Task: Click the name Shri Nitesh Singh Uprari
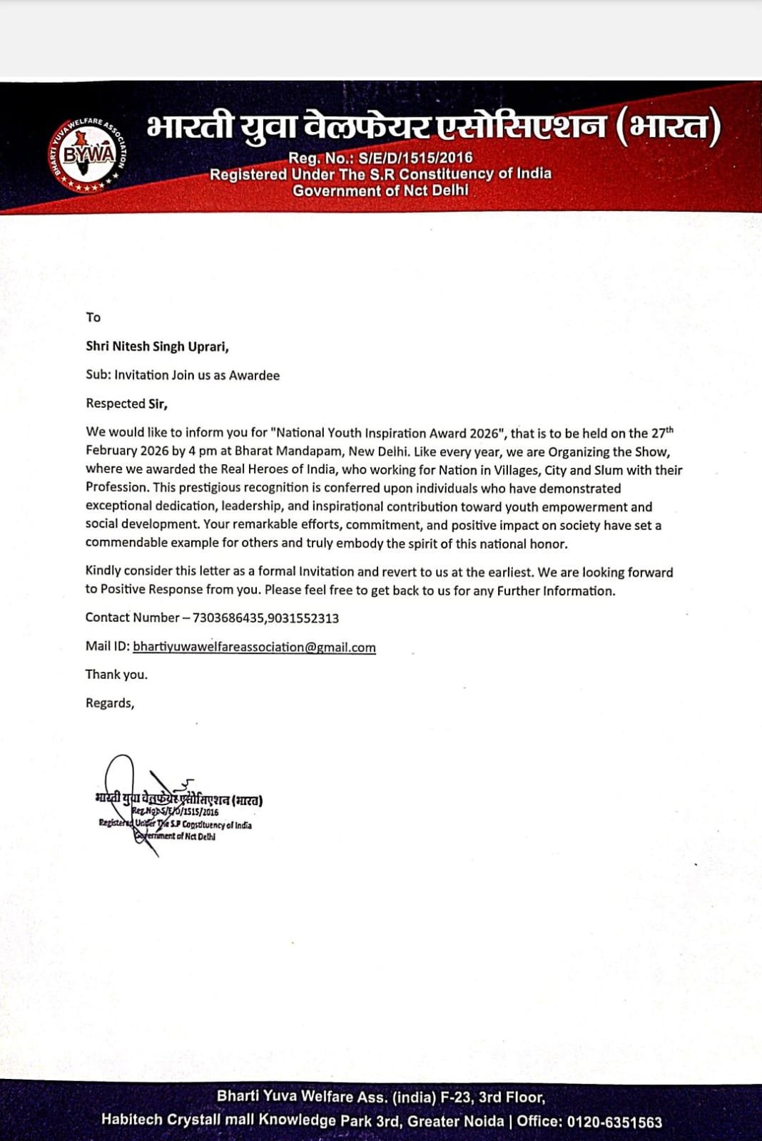(157, 347)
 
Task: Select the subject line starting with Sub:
(183, 375)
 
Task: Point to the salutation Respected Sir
(126, 404)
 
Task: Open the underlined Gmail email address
(254, 647)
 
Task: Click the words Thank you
(116, 675)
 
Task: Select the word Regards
(109, 703)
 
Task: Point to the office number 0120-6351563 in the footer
(614, 1121)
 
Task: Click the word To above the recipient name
(93, 317)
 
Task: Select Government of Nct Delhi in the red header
(380, 190)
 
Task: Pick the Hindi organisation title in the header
(434, 127)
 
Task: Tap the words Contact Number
(132, 618)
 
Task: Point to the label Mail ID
(107, 647)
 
